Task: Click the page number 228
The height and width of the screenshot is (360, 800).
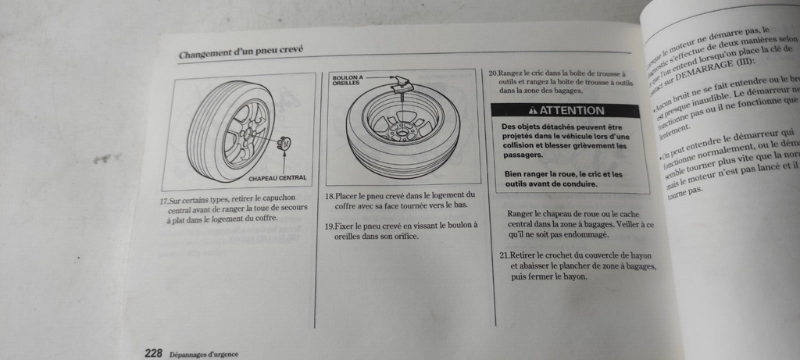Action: [152, 353]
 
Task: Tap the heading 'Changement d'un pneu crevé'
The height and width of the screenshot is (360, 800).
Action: [241, 53]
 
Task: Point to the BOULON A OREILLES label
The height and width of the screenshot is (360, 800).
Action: [347, 80]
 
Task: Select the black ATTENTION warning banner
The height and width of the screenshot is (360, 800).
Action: [566, 111]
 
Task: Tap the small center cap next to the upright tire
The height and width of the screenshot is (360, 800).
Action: [285, 144]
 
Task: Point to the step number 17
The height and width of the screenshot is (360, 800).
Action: [163, 199]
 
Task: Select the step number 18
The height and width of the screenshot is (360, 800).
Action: [329, 195]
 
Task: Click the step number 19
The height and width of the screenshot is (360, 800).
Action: [329, 226]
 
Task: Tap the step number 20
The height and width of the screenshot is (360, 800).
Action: [493, 73]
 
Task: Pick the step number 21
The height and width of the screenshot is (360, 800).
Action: [503, 255]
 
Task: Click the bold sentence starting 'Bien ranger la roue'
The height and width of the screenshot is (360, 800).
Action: [562, 179]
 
